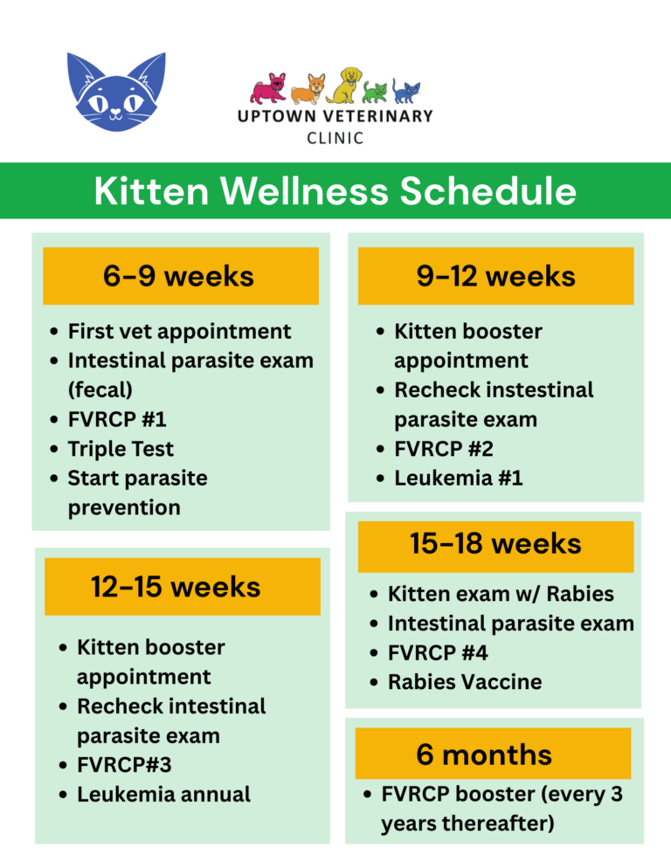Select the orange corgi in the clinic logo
[x=307, y=89]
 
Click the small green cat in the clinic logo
[x=376, y=91]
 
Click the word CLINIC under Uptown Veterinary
[x=335, y=138]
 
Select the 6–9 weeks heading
[x=179, y=276]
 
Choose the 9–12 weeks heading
[x=495, y=276]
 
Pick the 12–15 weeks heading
[x=176, y=587]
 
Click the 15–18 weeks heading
[x=495, y=543]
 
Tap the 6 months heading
[x=484, y=754]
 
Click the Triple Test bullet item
[x=121, y=449]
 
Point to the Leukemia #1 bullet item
[x=459, y=478]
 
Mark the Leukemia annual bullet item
[x=163, y=794]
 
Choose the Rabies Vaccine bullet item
[x=464, y=681]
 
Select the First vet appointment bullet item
[x=179, y=331]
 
